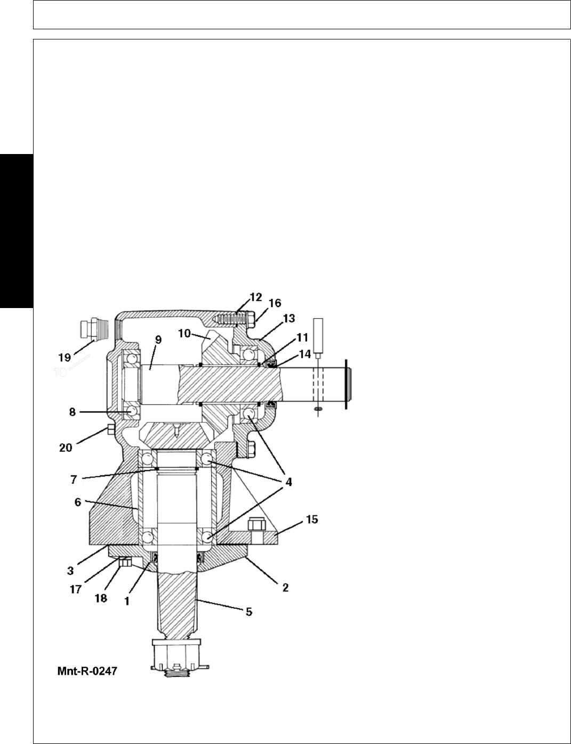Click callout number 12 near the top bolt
click(256, 297)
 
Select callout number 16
click(275, 303)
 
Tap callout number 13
click(289, 318)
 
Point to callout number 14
click(304, 354)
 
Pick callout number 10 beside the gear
click(184, 333)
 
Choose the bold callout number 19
click(65, 358)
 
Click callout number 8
click(73, 412)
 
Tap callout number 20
click(66, 448)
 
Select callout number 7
click(74, 480)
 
